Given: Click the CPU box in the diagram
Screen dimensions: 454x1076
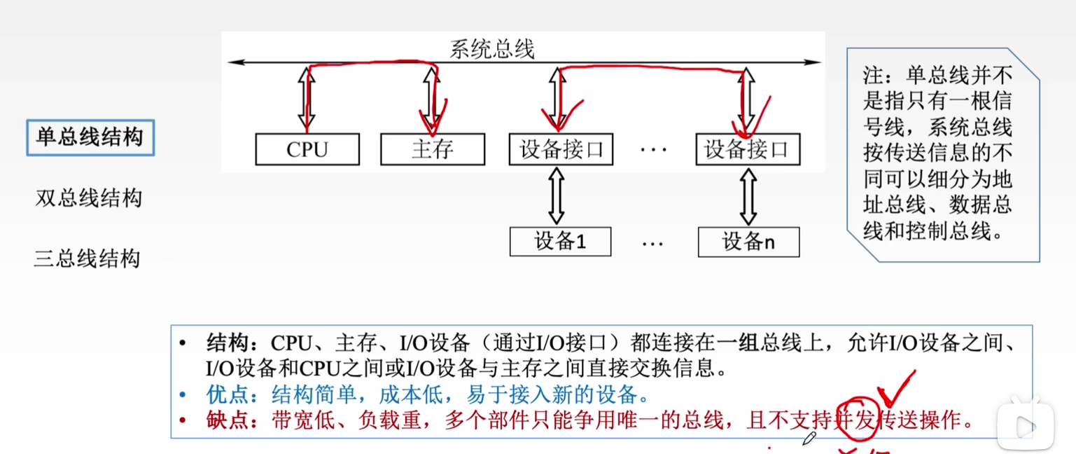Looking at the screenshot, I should [x=307, y=149].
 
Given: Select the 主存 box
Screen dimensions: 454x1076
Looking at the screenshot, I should [x=433, y=149].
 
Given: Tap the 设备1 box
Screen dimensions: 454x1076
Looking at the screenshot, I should [x=560, y=242].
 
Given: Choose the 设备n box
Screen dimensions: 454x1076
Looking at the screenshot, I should [x=748, y=242].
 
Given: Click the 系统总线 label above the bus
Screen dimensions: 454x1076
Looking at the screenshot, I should [x=492, y=49].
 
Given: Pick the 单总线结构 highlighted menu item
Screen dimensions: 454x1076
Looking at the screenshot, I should [x=90, y=137].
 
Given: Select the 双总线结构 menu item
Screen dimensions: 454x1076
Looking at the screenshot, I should [x=89, y=198].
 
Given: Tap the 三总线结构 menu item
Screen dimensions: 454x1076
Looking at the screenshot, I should [x=88, y=259].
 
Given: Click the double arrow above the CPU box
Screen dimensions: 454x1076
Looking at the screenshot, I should [x=306, y=98].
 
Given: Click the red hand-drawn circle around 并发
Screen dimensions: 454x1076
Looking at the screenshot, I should [x=856, y=418].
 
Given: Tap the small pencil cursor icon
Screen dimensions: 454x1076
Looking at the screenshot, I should [x=809, y=439].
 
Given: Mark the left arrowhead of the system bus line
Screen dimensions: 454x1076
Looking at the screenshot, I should [x=233, y=62].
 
